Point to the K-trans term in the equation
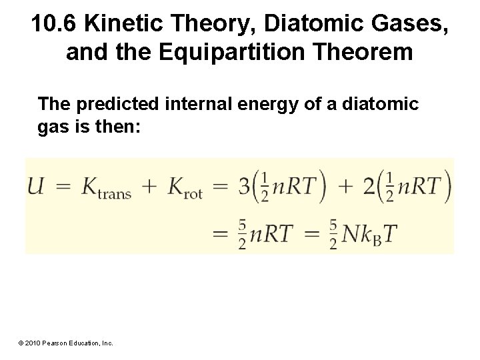click(106, 188)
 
